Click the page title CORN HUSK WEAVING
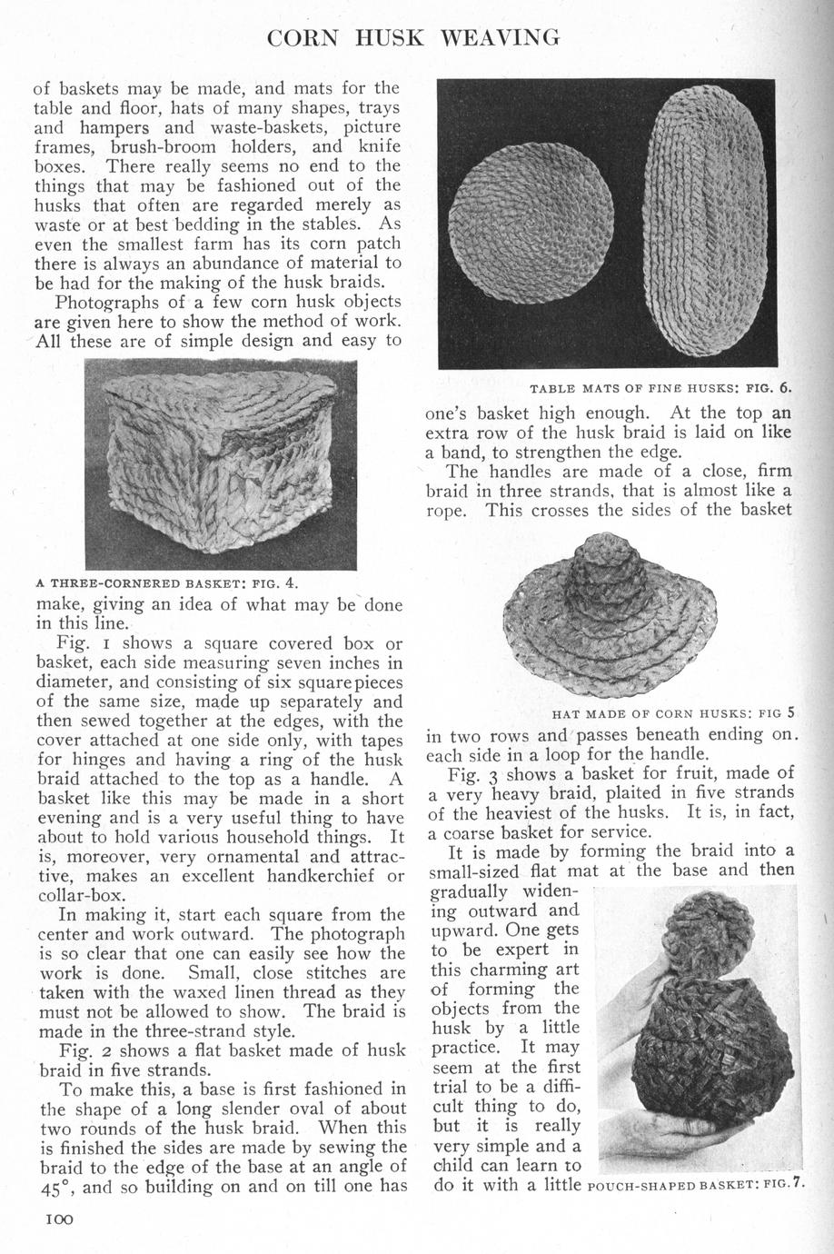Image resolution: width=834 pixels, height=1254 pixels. (414, 37)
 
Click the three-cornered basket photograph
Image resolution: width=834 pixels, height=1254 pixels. (220, 463)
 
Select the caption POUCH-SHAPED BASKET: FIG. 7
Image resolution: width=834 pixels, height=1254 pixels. (696, 1186)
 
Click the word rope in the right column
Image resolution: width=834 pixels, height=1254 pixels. (446, 511)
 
